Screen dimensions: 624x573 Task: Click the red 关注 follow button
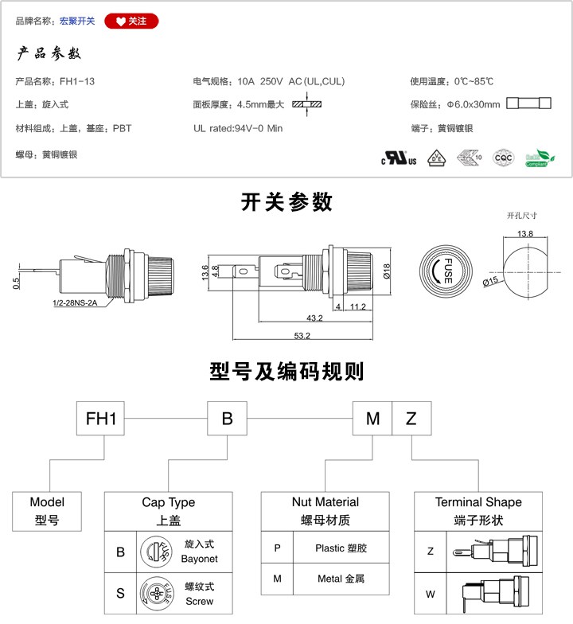131,21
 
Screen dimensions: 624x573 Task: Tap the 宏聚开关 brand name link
77,21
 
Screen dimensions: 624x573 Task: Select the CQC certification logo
503,157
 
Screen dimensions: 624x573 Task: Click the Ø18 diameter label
385,272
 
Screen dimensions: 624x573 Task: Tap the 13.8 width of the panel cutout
524,234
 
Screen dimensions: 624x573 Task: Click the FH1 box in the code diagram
101,419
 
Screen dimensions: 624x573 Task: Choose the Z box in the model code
411,419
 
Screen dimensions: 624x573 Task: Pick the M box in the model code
372,419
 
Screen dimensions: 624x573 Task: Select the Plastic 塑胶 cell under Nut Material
341,548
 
